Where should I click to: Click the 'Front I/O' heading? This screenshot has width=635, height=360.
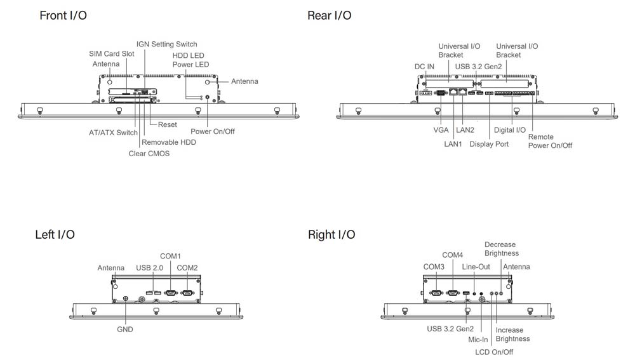tap(63, 15)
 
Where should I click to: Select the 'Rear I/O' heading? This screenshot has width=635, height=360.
tap(329, 15)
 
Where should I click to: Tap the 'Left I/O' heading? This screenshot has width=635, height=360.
tap(55, 235)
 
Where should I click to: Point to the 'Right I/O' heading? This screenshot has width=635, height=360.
tap(331, 235)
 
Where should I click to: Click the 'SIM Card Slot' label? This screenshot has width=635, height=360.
tap(111, 54)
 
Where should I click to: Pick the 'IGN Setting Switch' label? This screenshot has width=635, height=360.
tap(166, 44)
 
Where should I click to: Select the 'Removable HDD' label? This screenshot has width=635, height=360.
tap(168, 142)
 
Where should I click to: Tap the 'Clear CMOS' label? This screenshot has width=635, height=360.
tap(149, 154)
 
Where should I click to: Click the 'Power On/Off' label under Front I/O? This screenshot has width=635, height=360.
tap(213, 131)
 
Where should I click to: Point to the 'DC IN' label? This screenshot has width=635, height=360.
tap(424, 66)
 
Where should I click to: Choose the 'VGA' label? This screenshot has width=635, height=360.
tap(441, 130)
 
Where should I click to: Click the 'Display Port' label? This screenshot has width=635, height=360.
tap(489, 144)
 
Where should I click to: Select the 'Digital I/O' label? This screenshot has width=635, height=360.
tap(510, 130)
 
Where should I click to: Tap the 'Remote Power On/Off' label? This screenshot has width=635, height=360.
tap(550, 141)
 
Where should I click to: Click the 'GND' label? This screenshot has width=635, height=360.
tap(125, 330)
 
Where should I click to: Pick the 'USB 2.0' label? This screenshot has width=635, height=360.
tap(150, 268)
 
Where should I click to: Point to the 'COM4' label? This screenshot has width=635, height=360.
tap(452, 255)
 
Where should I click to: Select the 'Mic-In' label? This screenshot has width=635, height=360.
tap(478, 340)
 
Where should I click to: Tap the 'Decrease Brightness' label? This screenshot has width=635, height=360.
tap(501, 249)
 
